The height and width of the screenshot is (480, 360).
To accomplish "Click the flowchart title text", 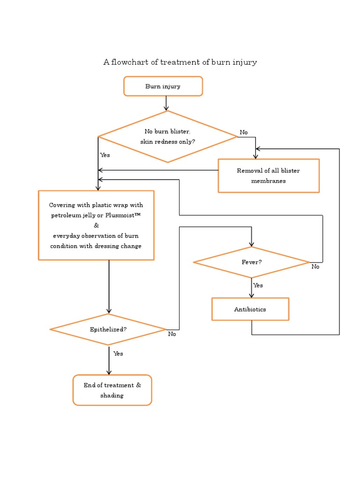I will click(x=180, y=62).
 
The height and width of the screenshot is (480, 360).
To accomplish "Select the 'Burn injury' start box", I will click(x=163, y=86).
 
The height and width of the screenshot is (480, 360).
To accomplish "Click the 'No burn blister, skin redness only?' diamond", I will click(x=167, y=137).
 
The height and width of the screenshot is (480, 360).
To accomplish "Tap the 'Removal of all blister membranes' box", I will click(x=268, y=176).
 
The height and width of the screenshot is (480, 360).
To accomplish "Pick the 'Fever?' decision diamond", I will click(x=251, y=262).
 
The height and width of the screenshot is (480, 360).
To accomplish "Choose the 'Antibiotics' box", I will click(x=250, y=309).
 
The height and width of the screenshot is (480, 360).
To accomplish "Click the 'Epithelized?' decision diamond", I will click(x=108, y=330).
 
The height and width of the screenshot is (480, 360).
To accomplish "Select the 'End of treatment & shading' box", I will click(x=112, y=390).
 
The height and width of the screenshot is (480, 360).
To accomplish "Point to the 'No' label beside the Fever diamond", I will click(x=315, y=267).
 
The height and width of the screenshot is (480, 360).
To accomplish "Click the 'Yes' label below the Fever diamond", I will click(x=258, y=285).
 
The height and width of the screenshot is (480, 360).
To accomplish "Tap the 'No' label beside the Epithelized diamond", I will click(x=172, y=334).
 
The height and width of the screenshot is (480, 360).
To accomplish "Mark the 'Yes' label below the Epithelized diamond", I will click(x=118, y=354).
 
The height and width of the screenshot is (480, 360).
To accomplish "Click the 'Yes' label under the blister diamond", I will click(x=105, y=155).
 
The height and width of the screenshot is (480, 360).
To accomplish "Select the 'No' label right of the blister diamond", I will click(x=244, y=133).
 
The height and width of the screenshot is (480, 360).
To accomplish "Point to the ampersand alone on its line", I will click(x=97, y=225).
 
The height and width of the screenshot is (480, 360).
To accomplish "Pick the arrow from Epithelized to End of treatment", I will click(x=109, y=360).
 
